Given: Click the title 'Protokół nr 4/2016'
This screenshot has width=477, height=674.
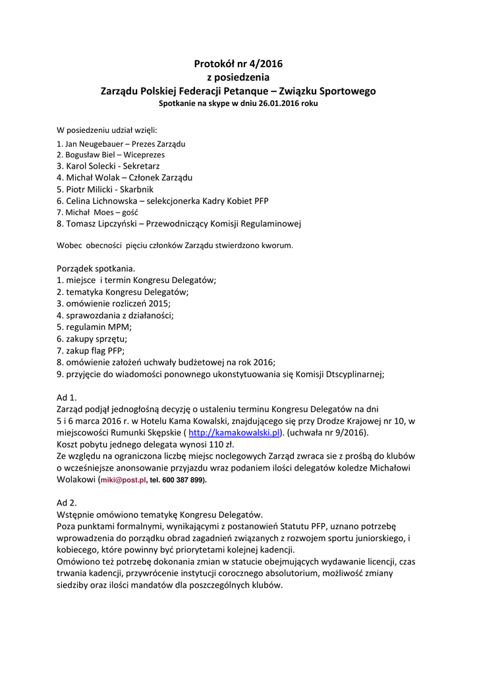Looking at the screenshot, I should pyautogui.click(x=238, y=64).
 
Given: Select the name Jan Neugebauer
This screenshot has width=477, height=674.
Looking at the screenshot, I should pyautogui.click(x=94, y=143).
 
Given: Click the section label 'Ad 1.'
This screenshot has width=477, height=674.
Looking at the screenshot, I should pyautogui.click(x=67, y=397).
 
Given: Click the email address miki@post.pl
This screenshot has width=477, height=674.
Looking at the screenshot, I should pyautogui.click(x=123, y=480).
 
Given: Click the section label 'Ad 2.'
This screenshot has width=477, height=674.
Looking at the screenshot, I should pyautogui.click(x=67, y=502).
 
